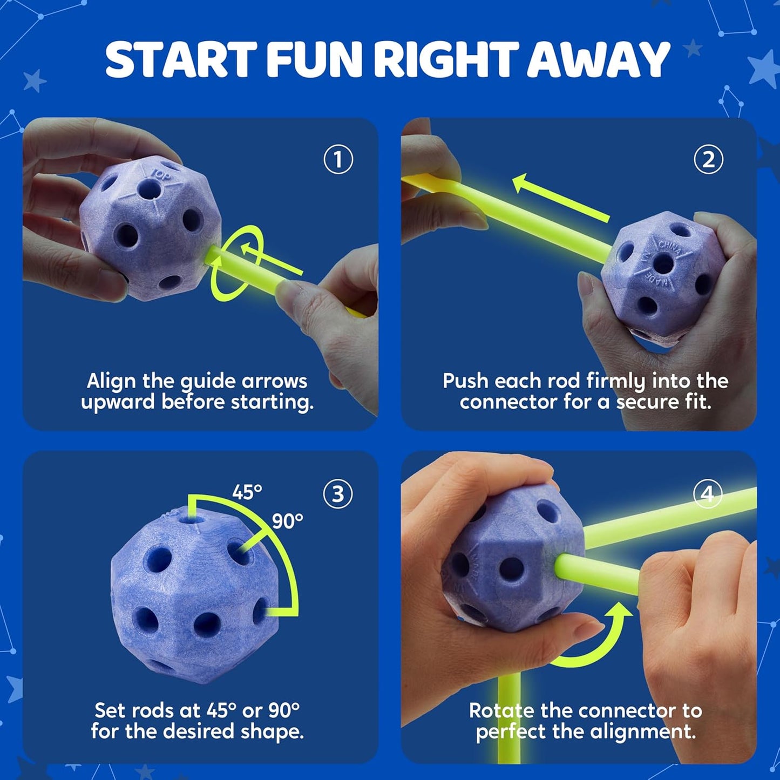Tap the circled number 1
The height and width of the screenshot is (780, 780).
[x=338, y=159]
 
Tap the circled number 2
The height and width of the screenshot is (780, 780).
[x=708, y=159]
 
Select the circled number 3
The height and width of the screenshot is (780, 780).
[x=338, y=493]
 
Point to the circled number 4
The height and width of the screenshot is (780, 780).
[x=707, y=493]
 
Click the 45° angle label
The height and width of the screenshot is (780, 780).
[x=247, y=492]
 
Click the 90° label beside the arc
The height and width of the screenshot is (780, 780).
[x=287, y=521]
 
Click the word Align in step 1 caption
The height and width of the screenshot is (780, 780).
[x=111, y=381]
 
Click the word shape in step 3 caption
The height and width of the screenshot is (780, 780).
[x=274, y=732]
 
